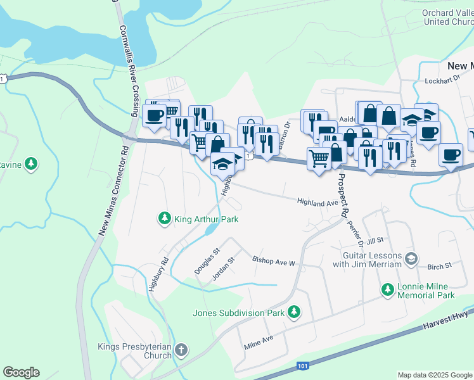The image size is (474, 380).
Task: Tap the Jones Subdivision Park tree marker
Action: coord(293,312)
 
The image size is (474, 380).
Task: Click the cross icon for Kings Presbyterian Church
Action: coord(181,350)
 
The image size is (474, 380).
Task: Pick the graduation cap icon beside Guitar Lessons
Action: coord(411,258)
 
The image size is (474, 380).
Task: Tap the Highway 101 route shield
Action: coord(303,366)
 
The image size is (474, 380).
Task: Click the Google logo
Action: coord(21,372)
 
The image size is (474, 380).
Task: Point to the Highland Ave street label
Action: coord(318,203)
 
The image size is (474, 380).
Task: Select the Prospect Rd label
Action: coord(342,197)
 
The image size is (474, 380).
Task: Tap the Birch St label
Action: coord(439,266)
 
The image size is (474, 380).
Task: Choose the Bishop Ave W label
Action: coord(274,262)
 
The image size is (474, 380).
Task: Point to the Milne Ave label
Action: coord(259,343)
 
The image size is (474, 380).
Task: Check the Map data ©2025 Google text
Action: coord(435,374)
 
